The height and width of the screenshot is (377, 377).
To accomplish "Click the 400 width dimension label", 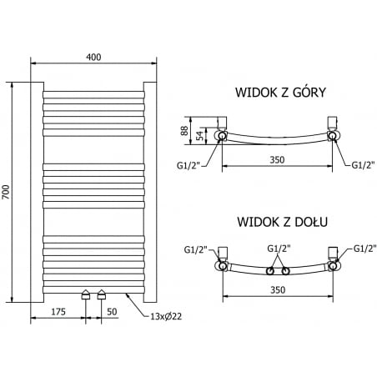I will pos(93,56).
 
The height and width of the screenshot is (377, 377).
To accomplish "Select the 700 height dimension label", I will pos(7,192).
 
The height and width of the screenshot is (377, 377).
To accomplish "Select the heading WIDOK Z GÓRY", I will pos(279,93).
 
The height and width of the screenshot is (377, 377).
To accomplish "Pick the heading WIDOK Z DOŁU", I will pos(281,222).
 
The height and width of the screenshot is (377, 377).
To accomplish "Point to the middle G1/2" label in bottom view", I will pos(279,248).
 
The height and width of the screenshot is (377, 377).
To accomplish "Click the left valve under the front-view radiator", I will pos(86,294).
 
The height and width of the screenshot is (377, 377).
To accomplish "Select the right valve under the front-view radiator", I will pos(102,294).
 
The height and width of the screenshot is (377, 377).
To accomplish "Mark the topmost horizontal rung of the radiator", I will pos(93,93).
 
